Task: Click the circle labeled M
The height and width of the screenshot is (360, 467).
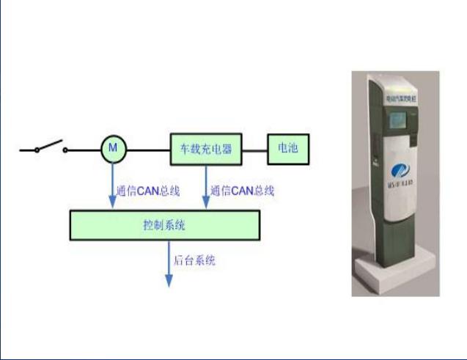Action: click(114, 150)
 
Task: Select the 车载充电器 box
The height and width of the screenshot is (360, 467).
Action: click(206, 150)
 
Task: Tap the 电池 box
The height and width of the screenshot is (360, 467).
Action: click(288, 149)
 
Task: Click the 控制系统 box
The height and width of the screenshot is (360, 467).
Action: click(164, 225)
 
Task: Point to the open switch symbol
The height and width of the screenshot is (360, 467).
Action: click(51, 147)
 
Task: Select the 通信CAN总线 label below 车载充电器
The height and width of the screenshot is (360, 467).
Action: click(242, 191)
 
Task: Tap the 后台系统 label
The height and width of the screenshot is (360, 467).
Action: click(194, 260)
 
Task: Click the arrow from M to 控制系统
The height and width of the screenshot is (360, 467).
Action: click(113, 187)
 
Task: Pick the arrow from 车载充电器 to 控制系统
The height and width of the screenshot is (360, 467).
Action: click(206, 187)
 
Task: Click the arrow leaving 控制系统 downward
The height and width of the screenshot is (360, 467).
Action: click(169, 264)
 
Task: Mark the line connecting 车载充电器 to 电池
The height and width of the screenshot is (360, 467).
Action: click(255, 150)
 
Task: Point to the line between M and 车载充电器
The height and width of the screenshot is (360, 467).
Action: click(149, 150)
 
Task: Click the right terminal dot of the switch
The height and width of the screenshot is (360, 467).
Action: click(65, 150)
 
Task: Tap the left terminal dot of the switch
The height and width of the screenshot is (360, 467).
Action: click(37, 150)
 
